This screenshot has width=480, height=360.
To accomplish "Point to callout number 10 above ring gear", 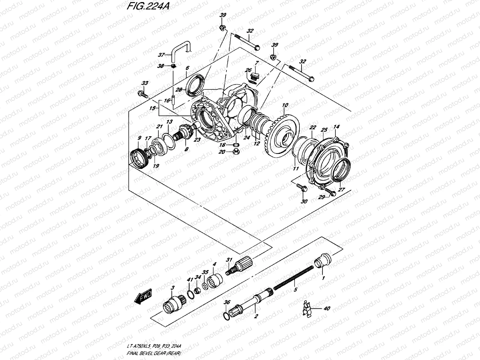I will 285,105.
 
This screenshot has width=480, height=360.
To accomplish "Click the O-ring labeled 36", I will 227,316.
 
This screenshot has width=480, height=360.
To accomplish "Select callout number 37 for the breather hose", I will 169,55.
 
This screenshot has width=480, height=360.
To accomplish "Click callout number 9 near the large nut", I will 139,138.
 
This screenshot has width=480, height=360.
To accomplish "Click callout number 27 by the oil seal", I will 342,190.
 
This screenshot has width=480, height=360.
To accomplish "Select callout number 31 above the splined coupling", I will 229,260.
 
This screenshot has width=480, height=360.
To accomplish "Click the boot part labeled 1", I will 323,259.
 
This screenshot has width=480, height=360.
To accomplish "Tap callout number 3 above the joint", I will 172,288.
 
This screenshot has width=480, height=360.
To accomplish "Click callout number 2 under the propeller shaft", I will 256,316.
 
